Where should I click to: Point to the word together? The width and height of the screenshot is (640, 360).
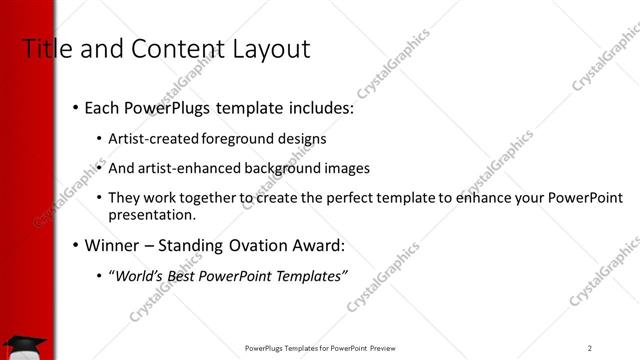211,198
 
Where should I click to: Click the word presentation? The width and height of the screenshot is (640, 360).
151,215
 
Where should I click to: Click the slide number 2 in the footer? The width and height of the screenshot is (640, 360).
590,348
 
